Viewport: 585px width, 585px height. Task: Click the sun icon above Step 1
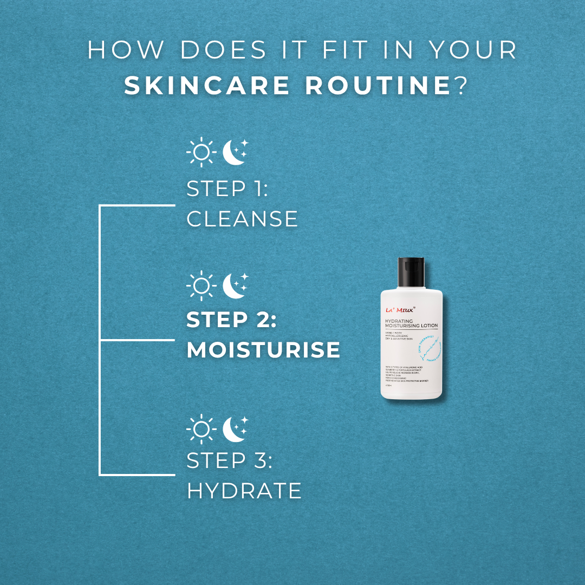(201, 152)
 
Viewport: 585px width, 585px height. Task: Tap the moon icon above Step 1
(235, 152)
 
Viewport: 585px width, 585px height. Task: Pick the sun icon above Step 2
(201, 285)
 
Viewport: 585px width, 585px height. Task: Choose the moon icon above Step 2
(235, 285)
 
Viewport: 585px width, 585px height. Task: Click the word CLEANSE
(242, 219)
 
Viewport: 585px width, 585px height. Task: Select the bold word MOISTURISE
(263, 350)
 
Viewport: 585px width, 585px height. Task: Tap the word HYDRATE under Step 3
(244, 491)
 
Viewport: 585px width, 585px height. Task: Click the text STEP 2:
(231, 320)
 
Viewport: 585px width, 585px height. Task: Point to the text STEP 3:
(229, 461)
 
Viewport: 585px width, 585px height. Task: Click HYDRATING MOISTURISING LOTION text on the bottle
(411, 323)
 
